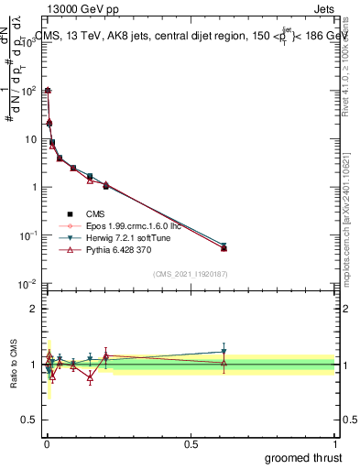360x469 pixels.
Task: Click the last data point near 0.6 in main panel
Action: [224, 247]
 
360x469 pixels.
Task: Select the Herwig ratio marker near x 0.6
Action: [224, 352]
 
